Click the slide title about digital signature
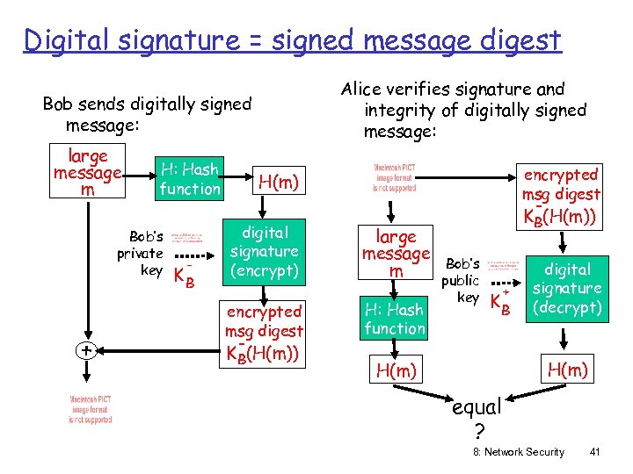coord(292,40)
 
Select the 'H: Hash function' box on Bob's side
coord(189,179)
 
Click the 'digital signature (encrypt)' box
coord(264,252)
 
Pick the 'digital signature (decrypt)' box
coord(567,288)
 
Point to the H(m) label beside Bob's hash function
coord(278,182)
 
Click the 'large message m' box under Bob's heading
coord(88,173)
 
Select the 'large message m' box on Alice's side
coord(396,254)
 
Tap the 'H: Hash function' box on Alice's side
coord(395,319)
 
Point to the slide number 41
coord(595,452)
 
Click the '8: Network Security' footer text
coord(519,452)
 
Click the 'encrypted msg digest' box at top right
coord(561,195)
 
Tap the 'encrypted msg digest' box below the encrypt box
coord(264,332)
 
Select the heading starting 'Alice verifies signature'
coord(463,110)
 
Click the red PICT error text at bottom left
coord(91,410)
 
